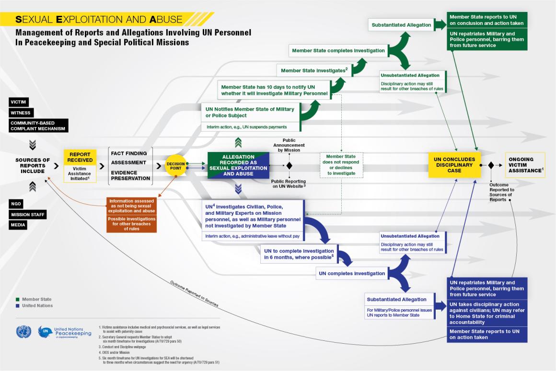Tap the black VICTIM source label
click(19, 102)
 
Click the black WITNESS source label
click(21, 113)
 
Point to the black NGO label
click(16, 204)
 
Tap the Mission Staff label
click(27, 215)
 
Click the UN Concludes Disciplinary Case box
click(454, 165)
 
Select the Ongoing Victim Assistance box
click(525, 165)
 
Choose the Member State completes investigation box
click(338, 50)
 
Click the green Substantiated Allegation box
click(401, 25)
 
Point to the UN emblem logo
click(23, 332)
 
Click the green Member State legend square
click(18, 299)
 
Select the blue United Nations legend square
click(18, 306)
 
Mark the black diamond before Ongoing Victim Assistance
click(491, 165)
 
